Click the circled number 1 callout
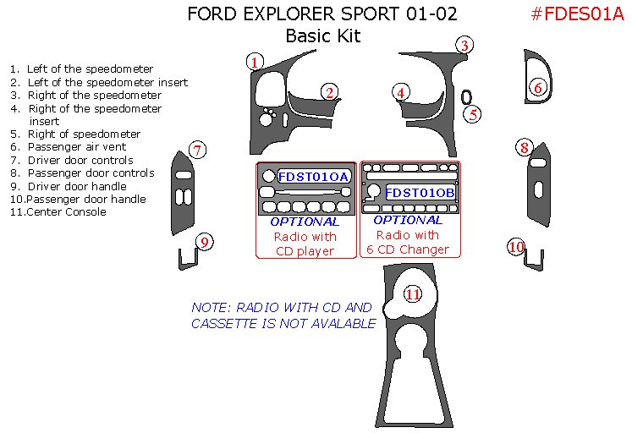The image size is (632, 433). coord(255,61)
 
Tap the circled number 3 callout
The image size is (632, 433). coord(464,46)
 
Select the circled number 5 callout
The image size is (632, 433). coord(473,114)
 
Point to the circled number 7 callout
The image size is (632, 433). coord(196,151)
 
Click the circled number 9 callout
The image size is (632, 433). coord(203,243)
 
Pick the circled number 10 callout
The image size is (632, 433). coord(516,247)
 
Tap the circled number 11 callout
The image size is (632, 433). coord(412,294)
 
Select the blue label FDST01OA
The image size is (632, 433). coord(312,177)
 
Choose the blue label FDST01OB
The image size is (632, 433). coord(420,193)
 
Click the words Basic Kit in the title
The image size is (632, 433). coord(322,36)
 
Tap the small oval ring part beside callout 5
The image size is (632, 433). coord(466,96)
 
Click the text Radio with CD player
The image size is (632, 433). coord(305,244)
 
